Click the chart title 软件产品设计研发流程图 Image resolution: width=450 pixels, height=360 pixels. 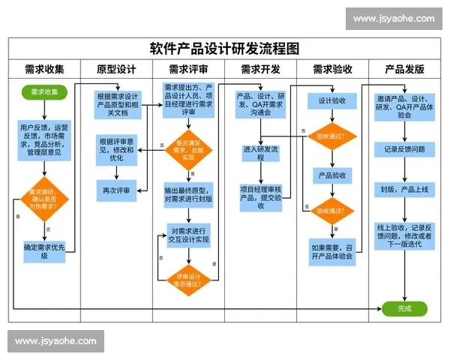(x=224, y=49)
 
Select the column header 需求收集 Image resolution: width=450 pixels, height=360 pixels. (x=44, y=70)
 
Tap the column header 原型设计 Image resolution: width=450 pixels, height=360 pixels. (x=116, y=70)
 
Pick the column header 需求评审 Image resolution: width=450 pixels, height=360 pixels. (x=188, y=70)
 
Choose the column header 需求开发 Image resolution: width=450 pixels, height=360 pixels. (x=260, y=70)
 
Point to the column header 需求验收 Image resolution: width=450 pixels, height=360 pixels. (x=332, y=70)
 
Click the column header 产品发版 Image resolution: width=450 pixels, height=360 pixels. (x=404, y=70)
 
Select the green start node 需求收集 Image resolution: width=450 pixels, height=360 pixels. (x=44, y=92)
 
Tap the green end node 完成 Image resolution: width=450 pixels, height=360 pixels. (x=404, y=308)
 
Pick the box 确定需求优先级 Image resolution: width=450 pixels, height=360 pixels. (x=44, y=250)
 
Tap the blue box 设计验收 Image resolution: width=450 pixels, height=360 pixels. (x=332, y=100)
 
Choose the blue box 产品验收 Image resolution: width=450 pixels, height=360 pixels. (x=332, y=175)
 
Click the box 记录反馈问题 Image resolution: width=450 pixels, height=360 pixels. (x=404, y=149)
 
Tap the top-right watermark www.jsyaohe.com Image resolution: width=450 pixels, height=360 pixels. (x=393, y=19)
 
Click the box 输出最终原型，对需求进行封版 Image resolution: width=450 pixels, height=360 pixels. (x=189, y=194)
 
